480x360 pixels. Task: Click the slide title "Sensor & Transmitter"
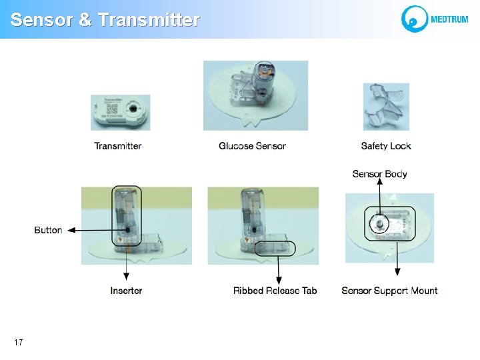point(105,20)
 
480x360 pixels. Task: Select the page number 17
point(18,342)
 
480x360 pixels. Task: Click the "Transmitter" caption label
point(118,146)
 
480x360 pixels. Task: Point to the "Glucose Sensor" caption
point(252,146)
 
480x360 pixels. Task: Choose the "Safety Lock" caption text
point(386,146)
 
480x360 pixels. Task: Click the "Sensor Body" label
point(379,174)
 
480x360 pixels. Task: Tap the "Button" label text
point(48,230)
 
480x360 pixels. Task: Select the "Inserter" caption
point(126,291)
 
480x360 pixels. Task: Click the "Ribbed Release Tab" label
point(275,291)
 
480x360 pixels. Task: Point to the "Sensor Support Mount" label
point(389,291)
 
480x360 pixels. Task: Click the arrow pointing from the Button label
point(90,230)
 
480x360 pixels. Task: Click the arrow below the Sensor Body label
point(379,198)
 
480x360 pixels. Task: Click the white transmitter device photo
point(121,111)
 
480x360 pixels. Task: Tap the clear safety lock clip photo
point(385,107)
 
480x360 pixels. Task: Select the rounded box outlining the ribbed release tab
point(275,248)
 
